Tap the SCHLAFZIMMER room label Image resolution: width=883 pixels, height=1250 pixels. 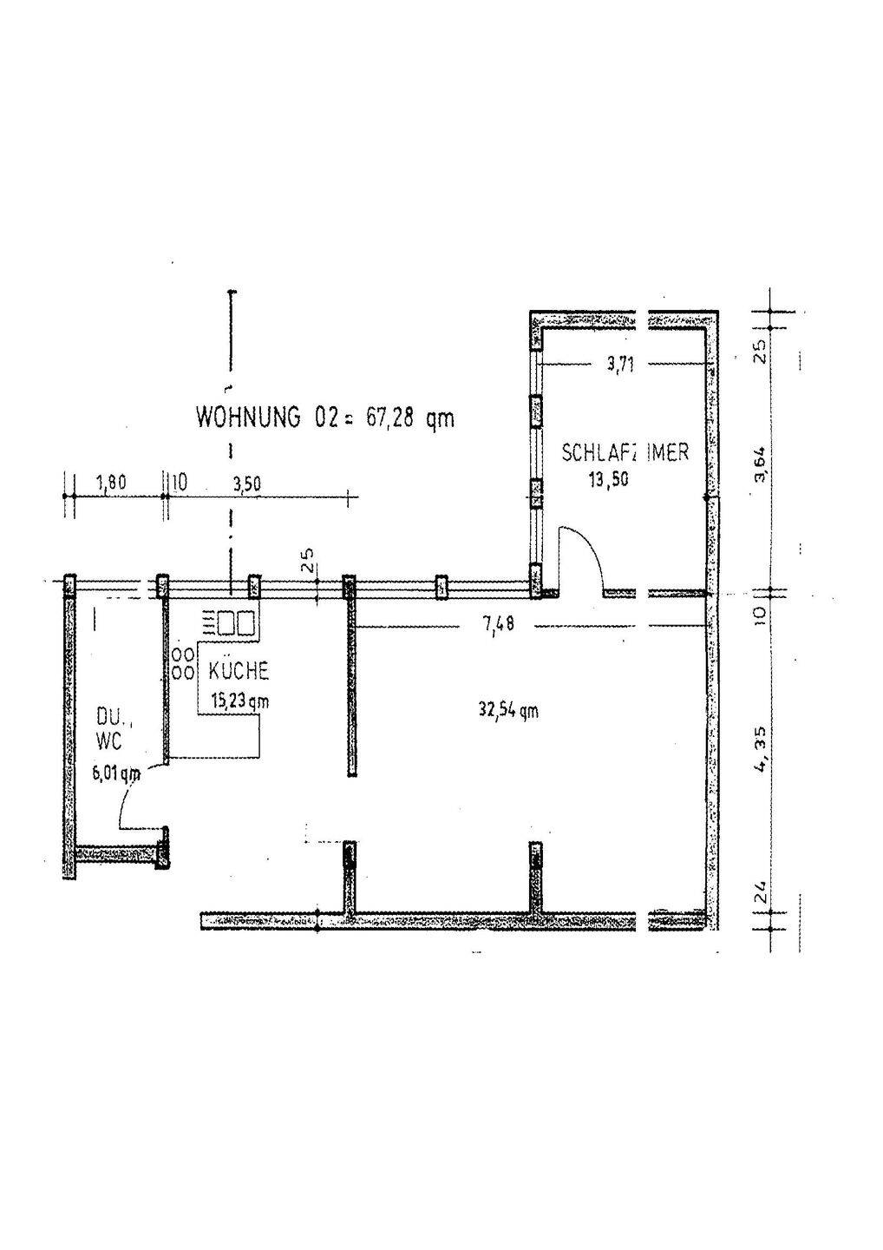point(625,452)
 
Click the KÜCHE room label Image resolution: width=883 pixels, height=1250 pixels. point(238,671)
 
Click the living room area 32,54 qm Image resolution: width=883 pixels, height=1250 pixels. point(508,709)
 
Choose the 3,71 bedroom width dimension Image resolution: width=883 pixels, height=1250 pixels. point(620,365)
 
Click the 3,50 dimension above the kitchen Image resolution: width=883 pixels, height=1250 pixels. point(246,484)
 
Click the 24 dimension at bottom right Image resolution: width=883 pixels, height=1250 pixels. point(760,891)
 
